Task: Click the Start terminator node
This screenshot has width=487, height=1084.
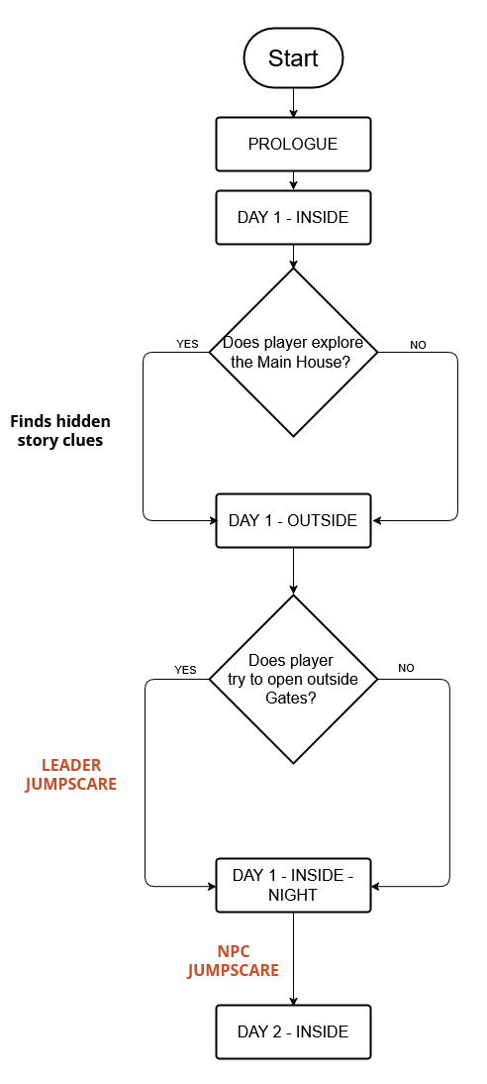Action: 293,58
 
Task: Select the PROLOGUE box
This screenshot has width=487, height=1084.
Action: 293,144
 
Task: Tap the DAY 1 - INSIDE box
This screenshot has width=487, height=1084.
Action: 293,217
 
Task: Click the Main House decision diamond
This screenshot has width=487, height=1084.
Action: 293,353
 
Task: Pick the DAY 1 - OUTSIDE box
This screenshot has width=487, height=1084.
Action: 293,520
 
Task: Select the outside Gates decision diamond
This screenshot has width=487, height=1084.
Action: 293,679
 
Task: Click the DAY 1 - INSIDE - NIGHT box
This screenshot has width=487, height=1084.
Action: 293,885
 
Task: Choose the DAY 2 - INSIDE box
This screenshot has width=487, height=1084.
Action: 293,1032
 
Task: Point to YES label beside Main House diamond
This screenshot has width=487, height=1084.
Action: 187,344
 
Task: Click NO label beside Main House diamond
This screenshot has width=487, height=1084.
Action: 418,344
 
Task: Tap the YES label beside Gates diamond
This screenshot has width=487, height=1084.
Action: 185,669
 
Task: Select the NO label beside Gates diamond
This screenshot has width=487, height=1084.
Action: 406,668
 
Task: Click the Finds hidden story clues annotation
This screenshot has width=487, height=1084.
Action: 60,431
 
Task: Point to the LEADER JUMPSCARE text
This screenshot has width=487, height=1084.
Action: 71,775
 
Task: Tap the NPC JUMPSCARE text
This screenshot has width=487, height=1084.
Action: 234,960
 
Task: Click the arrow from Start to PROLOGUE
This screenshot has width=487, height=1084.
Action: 293,102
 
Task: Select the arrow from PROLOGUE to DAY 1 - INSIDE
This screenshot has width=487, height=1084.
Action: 293,180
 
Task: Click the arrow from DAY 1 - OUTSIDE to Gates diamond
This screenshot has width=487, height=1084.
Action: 293,571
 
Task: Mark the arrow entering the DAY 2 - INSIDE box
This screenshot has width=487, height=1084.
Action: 293,959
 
